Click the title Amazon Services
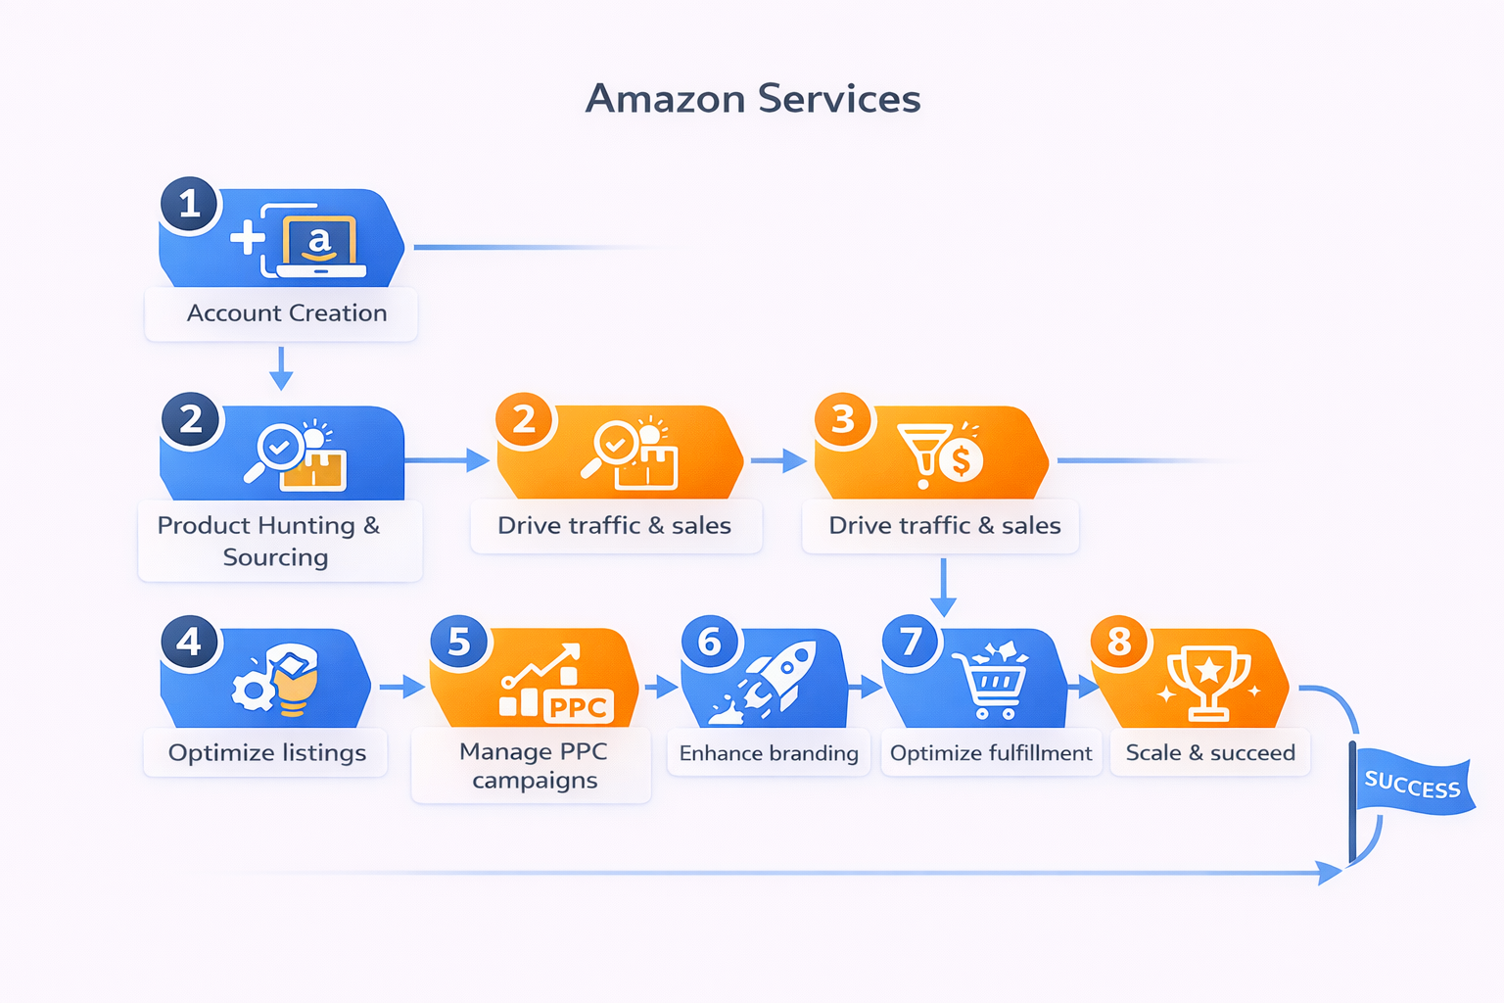tap(752, 99)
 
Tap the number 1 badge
tap(190, 205)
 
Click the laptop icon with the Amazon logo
tap(319, 245)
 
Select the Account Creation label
tap(286, 313)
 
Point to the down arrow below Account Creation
tap(281, 369)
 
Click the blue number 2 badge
tap(191, 419)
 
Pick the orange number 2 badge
tap(525, 419)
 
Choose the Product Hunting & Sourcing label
tap(269, 541)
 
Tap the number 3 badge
tap(843, 419)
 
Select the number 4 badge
tap(190, 642)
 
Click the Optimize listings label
tap(266, 753)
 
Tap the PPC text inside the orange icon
tap(579, 707)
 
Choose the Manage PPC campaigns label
tap(534, 766)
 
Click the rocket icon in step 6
tap(769, 681)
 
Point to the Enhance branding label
tap(769, 753)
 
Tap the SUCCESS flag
tap(1413, 786)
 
